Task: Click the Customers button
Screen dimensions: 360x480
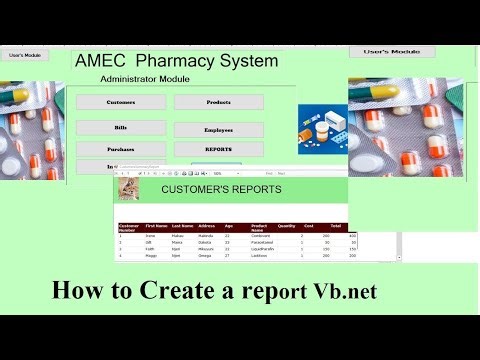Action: pyautogui.click(x=120, y=102)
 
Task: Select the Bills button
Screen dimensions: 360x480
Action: pyautogui.click(x=120, y=128)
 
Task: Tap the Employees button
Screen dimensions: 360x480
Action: pyautogui.click(x=218, y=130)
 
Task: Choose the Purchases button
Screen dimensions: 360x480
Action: pyautogui.click(x=120, y=149)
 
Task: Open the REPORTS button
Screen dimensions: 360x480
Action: pyautogui.click(x=218, y=150)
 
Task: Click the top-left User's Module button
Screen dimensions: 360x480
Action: pyautogui.click(x=24, y=54)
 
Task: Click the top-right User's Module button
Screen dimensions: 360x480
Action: pyautogui.click(x=391, y=51)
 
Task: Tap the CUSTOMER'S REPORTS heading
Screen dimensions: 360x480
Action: pyautogui.click(x=221, y=189)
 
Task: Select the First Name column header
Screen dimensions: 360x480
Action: pyautogui.click(x=156, y=227)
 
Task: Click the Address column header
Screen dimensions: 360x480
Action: pyautogui.click(x=207, y=227)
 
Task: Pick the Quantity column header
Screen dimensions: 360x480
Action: pyautogui.click(x=286, y=227)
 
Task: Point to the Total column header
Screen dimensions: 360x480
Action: pyautogui.click(x=335, y=227)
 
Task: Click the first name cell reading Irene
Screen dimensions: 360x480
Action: pyautogui.click(x=151, y=237)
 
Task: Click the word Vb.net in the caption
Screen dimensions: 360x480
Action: pyautogui.click(x=343, y=293)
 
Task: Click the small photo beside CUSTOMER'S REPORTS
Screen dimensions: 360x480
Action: pyautogui.click(x=128, y=189)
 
